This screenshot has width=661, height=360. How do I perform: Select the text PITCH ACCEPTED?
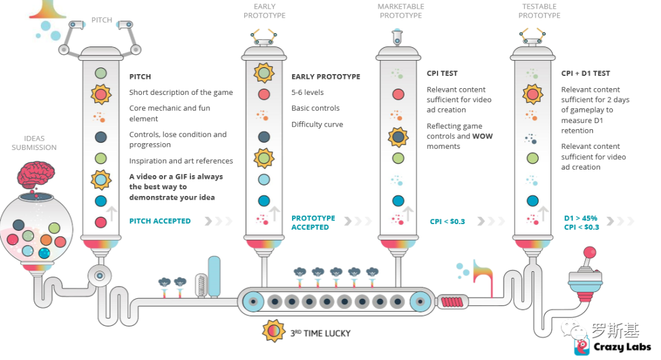pyautogui.click(x=160, y=221)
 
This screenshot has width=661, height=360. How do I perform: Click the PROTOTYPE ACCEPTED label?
pyautogui.click(x=313, y=222)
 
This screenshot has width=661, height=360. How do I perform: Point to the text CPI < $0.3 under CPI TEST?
pyautogui.click(x=447, y=222)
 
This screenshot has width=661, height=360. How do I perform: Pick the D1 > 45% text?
pyautogui.click(x=580, y=218)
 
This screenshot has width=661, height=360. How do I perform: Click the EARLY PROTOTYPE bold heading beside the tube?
pyautogui.click(x=326, y=77)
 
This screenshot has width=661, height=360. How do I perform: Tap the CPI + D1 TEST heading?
pyautogui.click(x=585, y=73)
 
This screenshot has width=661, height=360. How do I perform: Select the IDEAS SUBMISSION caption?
pyautogui.click(x=34, y=143)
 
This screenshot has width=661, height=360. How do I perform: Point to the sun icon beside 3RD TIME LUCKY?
pyautogui.click(x=273, y=331)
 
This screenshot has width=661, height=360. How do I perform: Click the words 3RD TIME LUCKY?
pyautogui.click(x=320, y=333)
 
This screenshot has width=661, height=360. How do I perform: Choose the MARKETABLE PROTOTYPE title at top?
pyautogui.click(x=401, y=11)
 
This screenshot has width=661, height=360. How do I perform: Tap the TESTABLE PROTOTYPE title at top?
pyautogui.click(x=539, y=11)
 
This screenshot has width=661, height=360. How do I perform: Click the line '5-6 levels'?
pyautogui.click(x=307, y=92)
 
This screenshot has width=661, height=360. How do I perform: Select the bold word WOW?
pyautogui.click(x=482, y=137)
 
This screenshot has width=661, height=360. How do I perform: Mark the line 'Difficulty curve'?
pyautogui.click(x=317, y=124)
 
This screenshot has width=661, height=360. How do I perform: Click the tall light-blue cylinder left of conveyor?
pyautogui.click(x=214, y=276)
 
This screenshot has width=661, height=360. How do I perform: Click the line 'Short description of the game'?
pyautogui.click(x=181, y=92)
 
